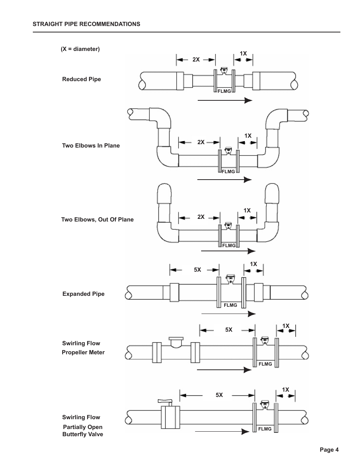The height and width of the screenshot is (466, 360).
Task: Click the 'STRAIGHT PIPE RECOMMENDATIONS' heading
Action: pyautogui.click(x=86, y=24)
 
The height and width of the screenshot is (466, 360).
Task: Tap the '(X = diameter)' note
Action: pyautogui.click(x=80, y=49)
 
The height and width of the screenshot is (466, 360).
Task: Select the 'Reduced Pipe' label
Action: pyautogui.click(x=82, y=79)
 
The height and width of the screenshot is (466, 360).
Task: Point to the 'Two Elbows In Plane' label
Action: pyautogui.click(x=91, y=146)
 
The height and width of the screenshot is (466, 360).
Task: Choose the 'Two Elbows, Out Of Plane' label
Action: pyautogui.click(x=97, y=220)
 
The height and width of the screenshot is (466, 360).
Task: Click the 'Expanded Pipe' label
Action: pyautogui.click(x=83, y=294)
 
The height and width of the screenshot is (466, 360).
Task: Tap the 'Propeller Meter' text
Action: pyautogui.click(x=83, y=352)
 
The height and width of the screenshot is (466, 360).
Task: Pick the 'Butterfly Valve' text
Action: pyautogui.click(x=83, y=434)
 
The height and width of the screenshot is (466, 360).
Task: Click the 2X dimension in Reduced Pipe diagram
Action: pyautogui.click(x=196, y=60)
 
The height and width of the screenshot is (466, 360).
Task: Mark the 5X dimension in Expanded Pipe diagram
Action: pyautogui.click(x=197, y=270)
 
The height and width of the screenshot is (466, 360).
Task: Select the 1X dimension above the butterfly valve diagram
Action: pyautogui.click(x=286, y=390)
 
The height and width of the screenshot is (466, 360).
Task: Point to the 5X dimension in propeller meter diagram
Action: pyautogui.click(x=229, y=330)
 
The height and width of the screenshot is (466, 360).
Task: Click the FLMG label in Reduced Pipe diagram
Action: pyautogui.click(x=224, y=91)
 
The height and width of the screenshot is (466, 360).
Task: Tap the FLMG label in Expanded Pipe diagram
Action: pyautogui.click(x=231, y=305)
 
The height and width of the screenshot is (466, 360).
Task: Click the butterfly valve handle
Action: pyautogui.click(x=165, y=401)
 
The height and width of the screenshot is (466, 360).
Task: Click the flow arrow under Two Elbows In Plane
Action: pyautogui.click(x=225, y=180)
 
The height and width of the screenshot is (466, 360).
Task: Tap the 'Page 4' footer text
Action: pyautogui.click(x=329, y=450)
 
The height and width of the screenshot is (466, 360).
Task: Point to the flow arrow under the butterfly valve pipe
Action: pyautogui.click(x=222, y=432)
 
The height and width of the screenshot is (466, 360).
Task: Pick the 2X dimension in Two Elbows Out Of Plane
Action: pyautogui.click(x=201, y=217)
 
